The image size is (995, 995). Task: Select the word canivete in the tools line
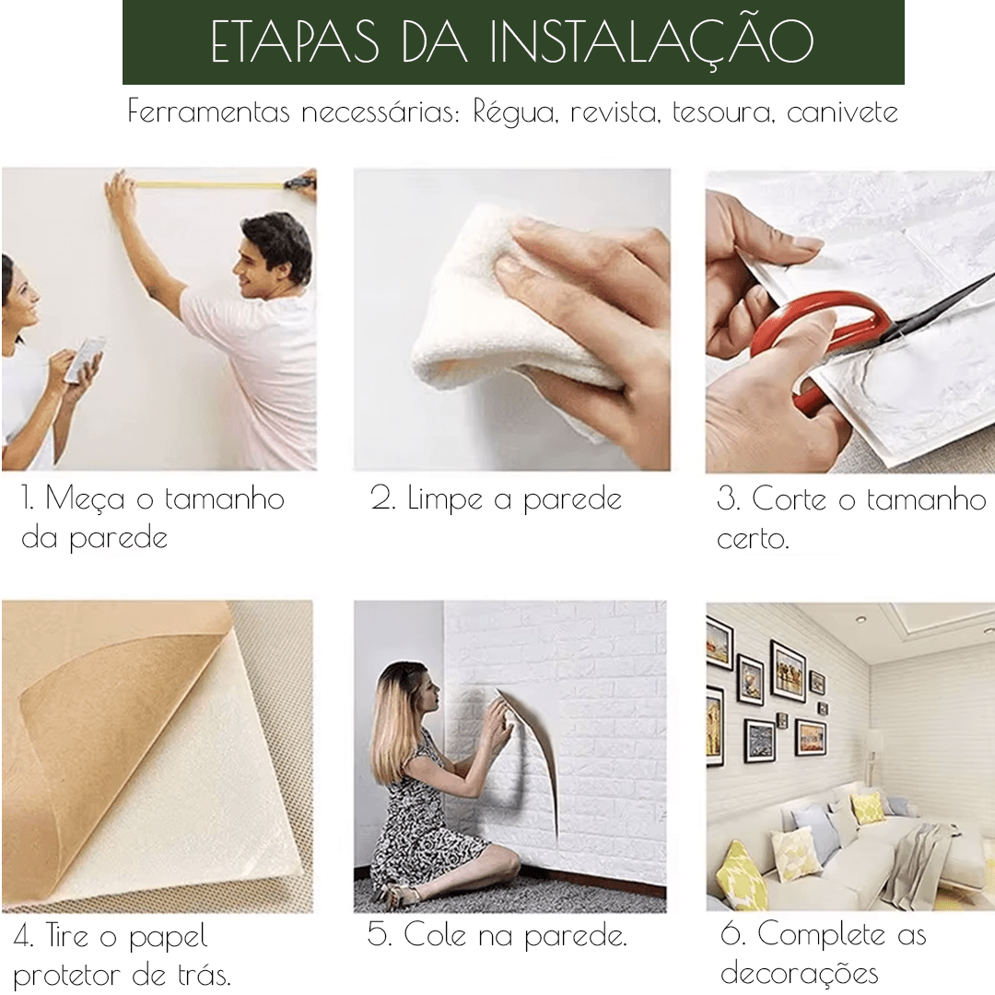pos(842,112)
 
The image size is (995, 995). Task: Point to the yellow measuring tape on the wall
pos(209,185)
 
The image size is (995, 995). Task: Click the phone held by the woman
pos(85,359)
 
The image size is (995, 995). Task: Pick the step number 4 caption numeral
pos(23,936)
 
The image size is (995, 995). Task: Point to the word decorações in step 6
pos(800,974)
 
